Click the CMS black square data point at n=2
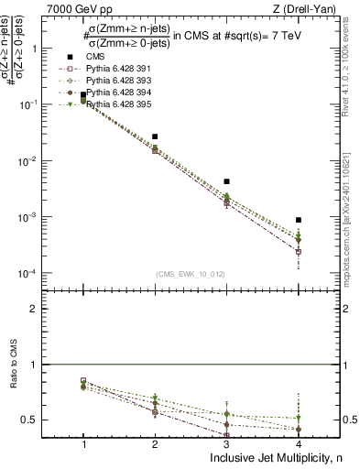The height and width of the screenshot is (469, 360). coord(155,136)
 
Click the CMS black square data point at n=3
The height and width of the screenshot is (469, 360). coord(226,181)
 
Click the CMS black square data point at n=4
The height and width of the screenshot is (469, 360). coord(299,220)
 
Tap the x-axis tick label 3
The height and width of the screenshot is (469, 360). coord(226,442)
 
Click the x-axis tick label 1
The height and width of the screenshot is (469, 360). coord(83,442)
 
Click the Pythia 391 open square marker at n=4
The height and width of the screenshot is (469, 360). coord(299,251)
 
